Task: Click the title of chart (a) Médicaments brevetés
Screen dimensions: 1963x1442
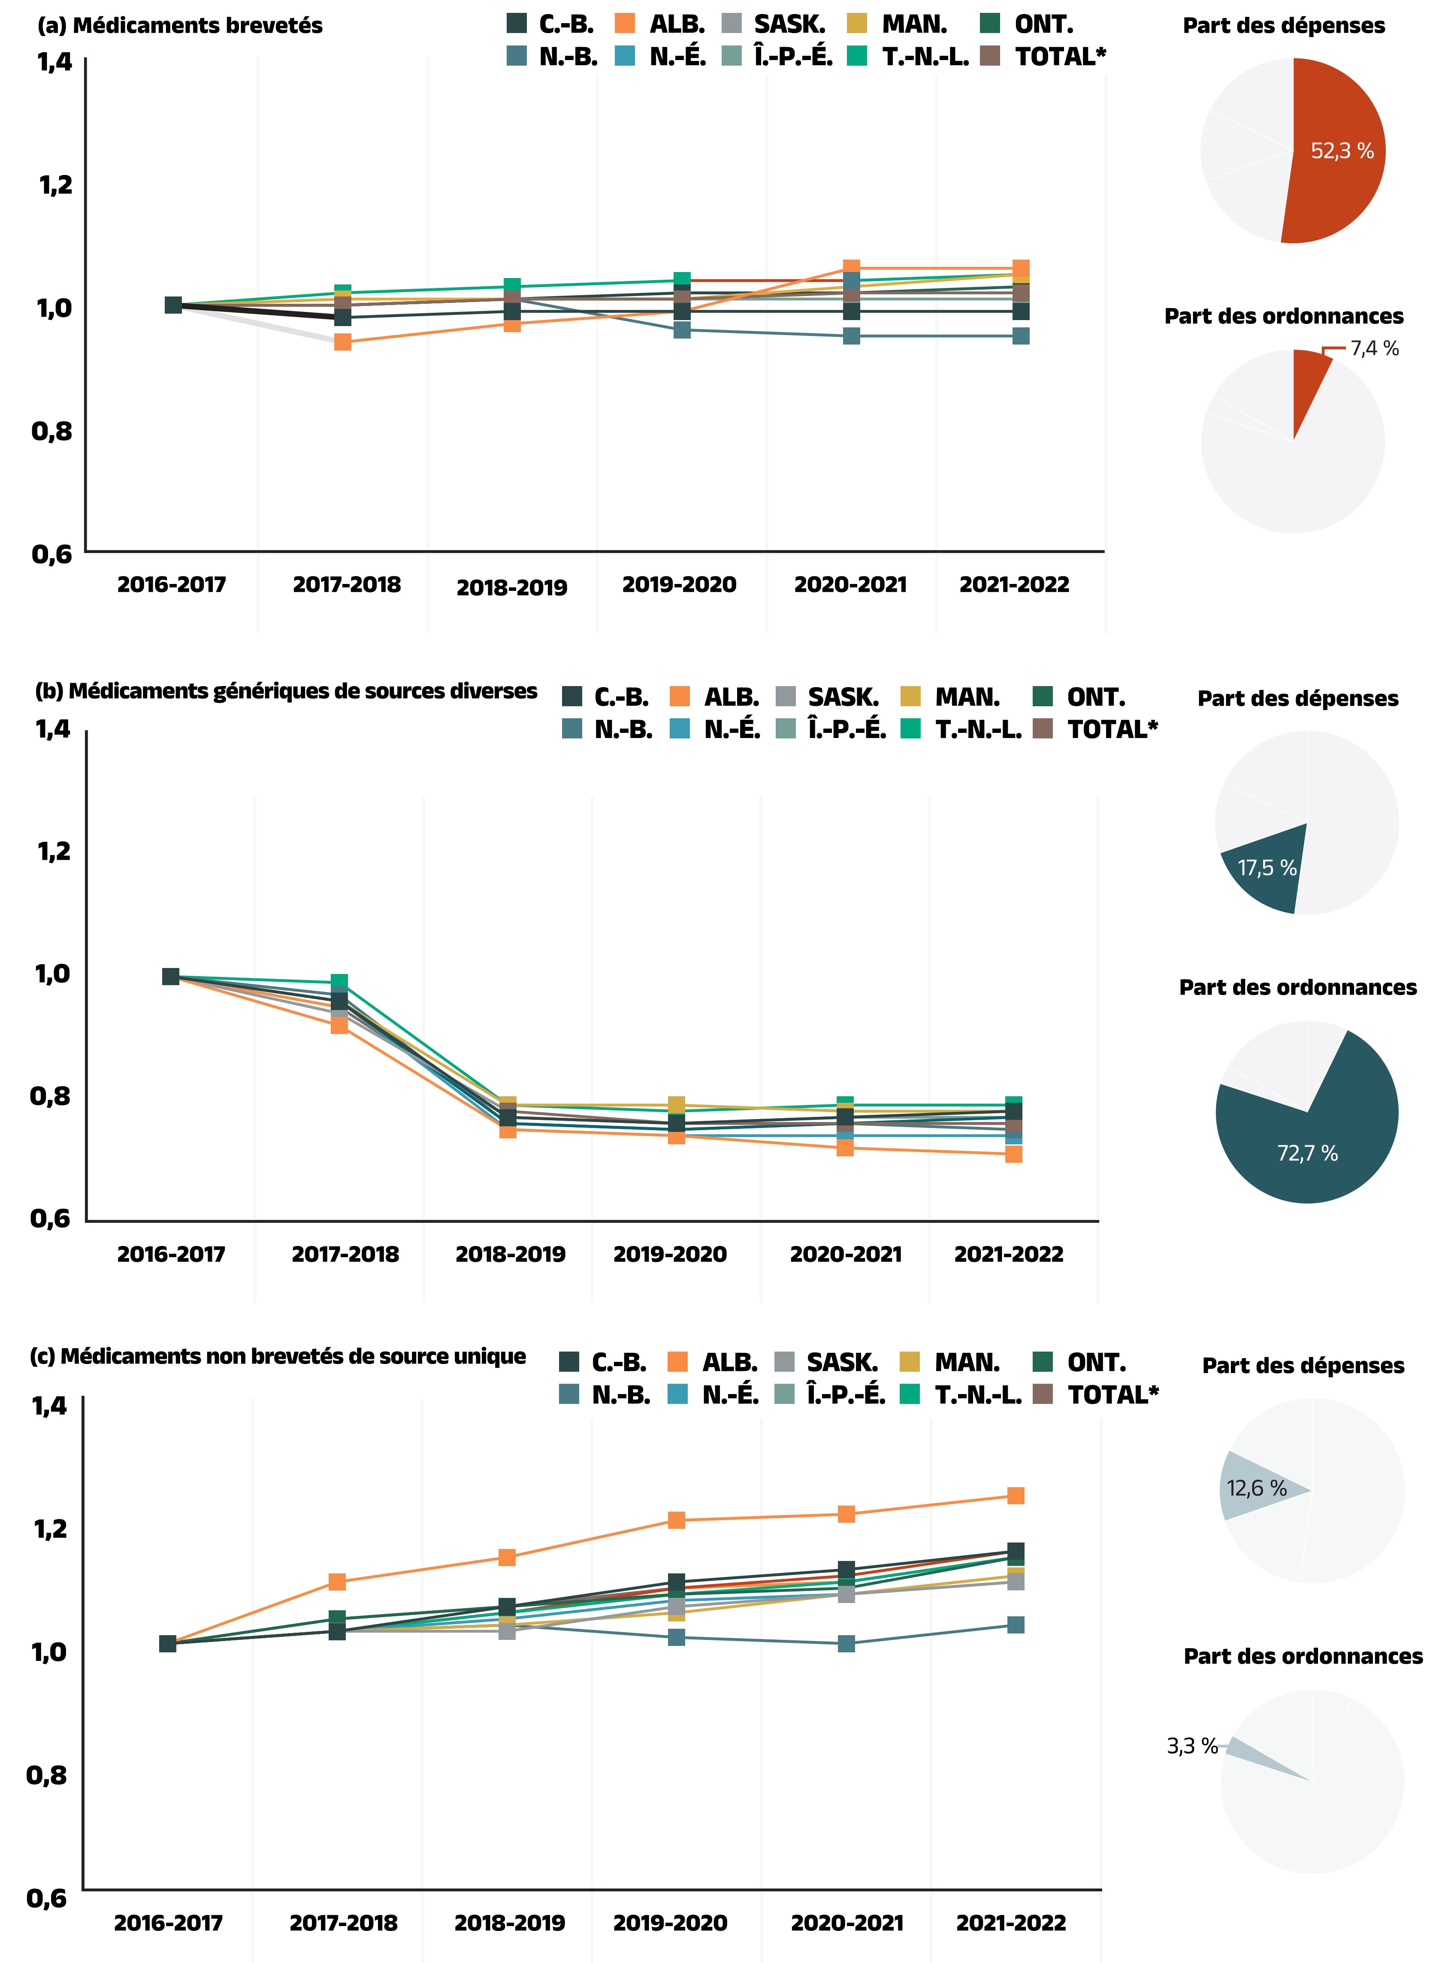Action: (x=180, y=25)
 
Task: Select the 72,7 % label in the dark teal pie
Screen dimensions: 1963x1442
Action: (x=1307, y=1153)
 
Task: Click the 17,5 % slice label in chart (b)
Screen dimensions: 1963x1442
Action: (x=1267, y=868)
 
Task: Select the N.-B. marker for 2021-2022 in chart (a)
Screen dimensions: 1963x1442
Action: (x=1020, y=336)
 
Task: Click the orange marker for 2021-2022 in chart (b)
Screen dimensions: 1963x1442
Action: (x=1013, y=1154)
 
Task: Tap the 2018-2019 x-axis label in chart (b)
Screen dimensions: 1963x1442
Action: (x=511, y=1254)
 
